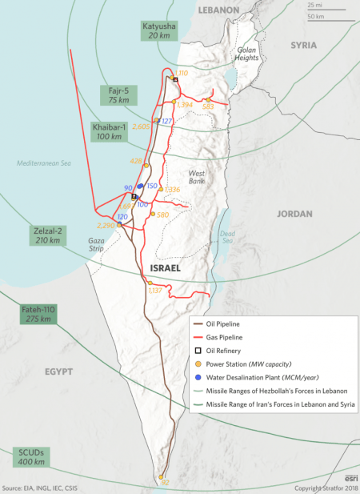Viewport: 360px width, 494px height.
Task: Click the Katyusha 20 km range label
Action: (x=157, y=30)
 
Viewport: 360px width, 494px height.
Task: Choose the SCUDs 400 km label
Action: (x=31, y=457)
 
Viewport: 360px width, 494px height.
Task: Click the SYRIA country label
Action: (x=303, y=46)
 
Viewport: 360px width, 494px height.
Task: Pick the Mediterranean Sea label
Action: (x=44, y=163)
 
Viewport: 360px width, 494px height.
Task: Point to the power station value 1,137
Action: (x=156, y=291)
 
